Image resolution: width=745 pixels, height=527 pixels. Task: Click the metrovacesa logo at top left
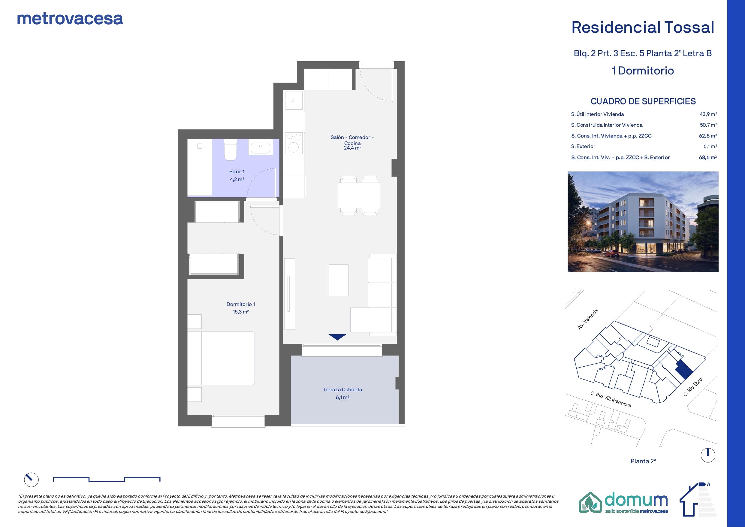click(70, 19)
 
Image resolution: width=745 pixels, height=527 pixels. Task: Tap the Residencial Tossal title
click(642, 27)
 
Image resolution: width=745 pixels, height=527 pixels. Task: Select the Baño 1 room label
click(237, 171)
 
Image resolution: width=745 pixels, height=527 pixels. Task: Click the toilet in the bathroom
click(231, 150)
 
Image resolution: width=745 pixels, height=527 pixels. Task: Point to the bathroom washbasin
click(261, 148)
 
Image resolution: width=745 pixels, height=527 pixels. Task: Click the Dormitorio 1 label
click(241, 304)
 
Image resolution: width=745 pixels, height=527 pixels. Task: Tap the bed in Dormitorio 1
click(221, 358)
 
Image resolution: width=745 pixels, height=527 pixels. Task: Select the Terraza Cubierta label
click(342, 390)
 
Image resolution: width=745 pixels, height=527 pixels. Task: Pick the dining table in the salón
click(359, 195)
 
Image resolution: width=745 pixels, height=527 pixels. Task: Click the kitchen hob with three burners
click(294, 143)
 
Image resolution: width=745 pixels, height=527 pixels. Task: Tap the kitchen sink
click(294, 100)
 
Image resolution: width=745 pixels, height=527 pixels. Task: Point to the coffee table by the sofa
click(338, 280)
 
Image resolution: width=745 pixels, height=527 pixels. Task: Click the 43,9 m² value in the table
click(708, 114)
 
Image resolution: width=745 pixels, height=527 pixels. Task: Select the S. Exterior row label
click(583, 147)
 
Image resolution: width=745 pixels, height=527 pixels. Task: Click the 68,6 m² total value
click(708, 157)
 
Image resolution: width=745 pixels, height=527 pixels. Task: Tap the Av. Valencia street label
click(588, 320)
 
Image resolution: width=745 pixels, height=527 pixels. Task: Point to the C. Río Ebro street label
click(693, 387)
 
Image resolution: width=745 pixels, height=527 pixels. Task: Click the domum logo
click(623, 503)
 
